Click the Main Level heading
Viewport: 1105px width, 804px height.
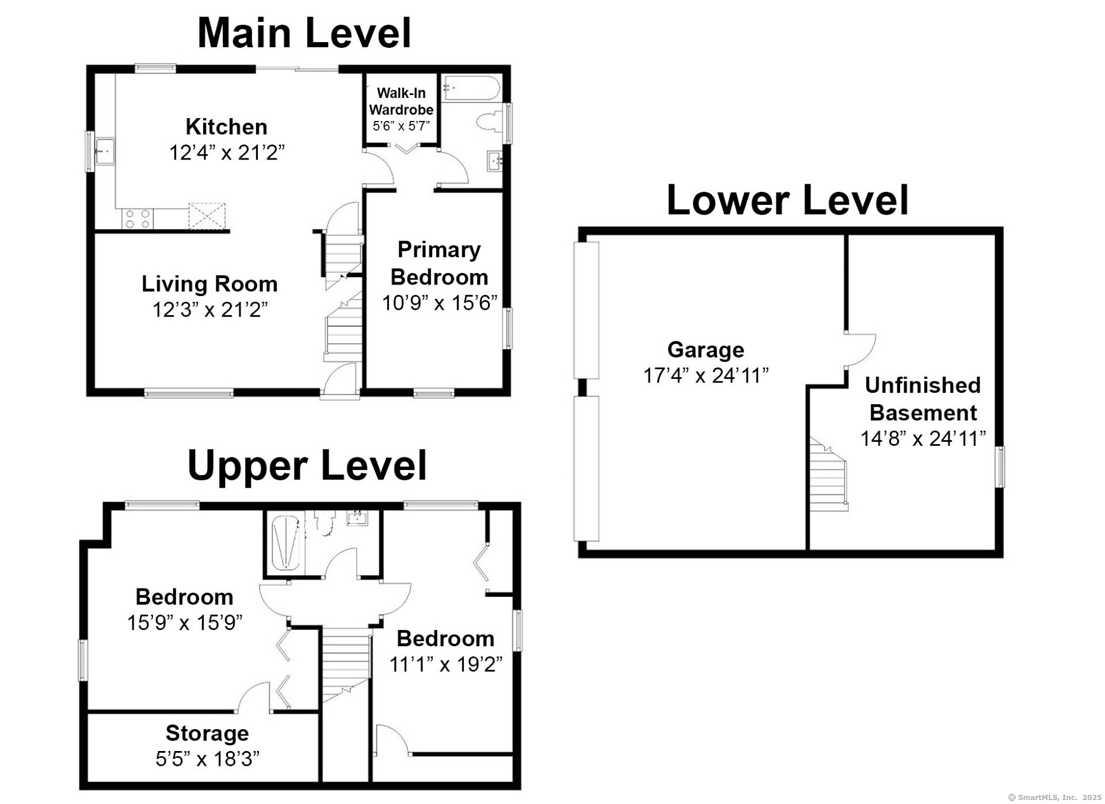click(x=304, y=33)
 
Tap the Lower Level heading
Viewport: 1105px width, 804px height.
click(x=787, y=200)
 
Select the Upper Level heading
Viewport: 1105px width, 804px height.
click(x=307, y=465)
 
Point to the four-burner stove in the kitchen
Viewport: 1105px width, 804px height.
click(x=138, y=219)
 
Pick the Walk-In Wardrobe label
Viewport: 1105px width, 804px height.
click(x=401, y=101)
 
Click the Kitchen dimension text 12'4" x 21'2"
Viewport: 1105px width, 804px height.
click(x=227, y=153)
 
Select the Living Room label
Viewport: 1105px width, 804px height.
click(x=209, y=284)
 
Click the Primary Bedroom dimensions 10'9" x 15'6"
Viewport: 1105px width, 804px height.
click(x=439, y=303)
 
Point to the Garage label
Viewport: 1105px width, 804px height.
click(x=706, y=350)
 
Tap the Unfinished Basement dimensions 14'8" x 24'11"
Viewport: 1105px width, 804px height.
click(x=923, y=439)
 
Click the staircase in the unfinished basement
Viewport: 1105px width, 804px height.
click(x=829, y=473)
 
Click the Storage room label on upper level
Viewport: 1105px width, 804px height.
click(x=207, y=733)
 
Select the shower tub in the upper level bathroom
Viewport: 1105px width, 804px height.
click(x=285, y=543)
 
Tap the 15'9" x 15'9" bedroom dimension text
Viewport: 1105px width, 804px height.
click(x=185, y=623)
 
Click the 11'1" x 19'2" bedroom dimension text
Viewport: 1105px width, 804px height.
click(x=446, y=665)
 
